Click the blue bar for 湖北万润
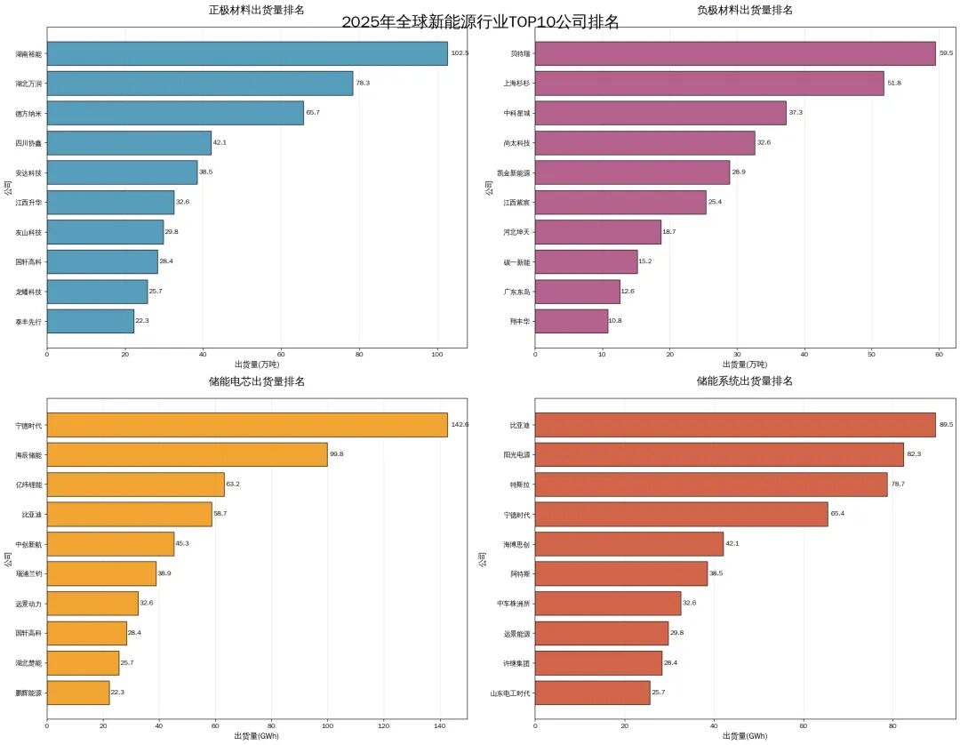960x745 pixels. pos(199,84)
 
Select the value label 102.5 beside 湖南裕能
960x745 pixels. pos(460,53)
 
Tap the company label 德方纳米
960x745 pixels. pos(28,114)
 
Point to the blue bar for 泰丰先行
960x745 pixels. pos(90,321)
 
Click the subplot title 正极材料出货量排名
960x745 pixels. pos(256,10)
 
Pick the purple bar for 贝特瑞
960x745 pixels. pos(735,53)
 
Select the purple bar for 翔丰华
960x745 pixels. pos(572,321)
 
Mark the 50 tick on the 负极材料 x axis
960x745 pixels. pos(871,354)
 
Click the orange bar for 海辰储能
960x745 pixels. pos(187,455)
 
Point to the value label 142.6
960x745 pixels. pos(460,425)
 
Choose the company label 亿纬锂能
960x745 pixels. pos(28,485)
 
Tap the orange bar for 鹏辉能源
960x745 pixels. pos(77,693)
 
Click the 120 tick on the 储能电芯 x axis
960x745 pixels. pos(384,725)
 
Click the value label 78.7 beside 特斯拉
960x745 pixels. pos(899,485)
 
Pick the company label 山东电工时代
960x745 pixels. pos(510,693)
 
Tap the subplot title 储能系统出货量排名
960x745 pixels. pos(745,381)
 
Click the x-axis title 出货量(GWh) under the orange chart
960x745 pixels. pos(256,736)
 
